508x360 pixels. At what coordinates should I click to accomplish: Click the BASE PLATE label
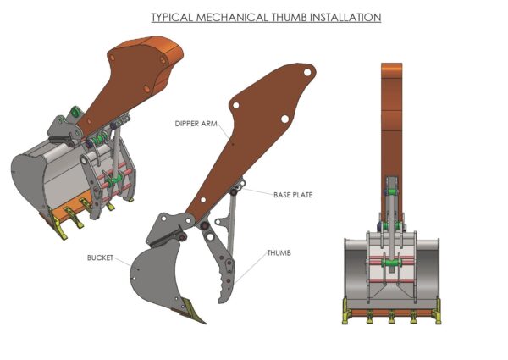(292, 195)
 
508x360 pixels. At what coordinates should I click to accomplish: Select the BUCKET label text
(100, 258)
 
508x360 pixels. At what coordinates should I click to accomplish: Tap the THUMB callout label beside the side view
(279, 252)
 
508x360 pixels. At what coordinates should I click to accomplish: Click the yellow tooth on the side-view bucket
(194, 311)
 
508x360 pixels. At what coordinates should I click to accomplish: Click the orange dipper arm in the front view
(391, 119)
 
